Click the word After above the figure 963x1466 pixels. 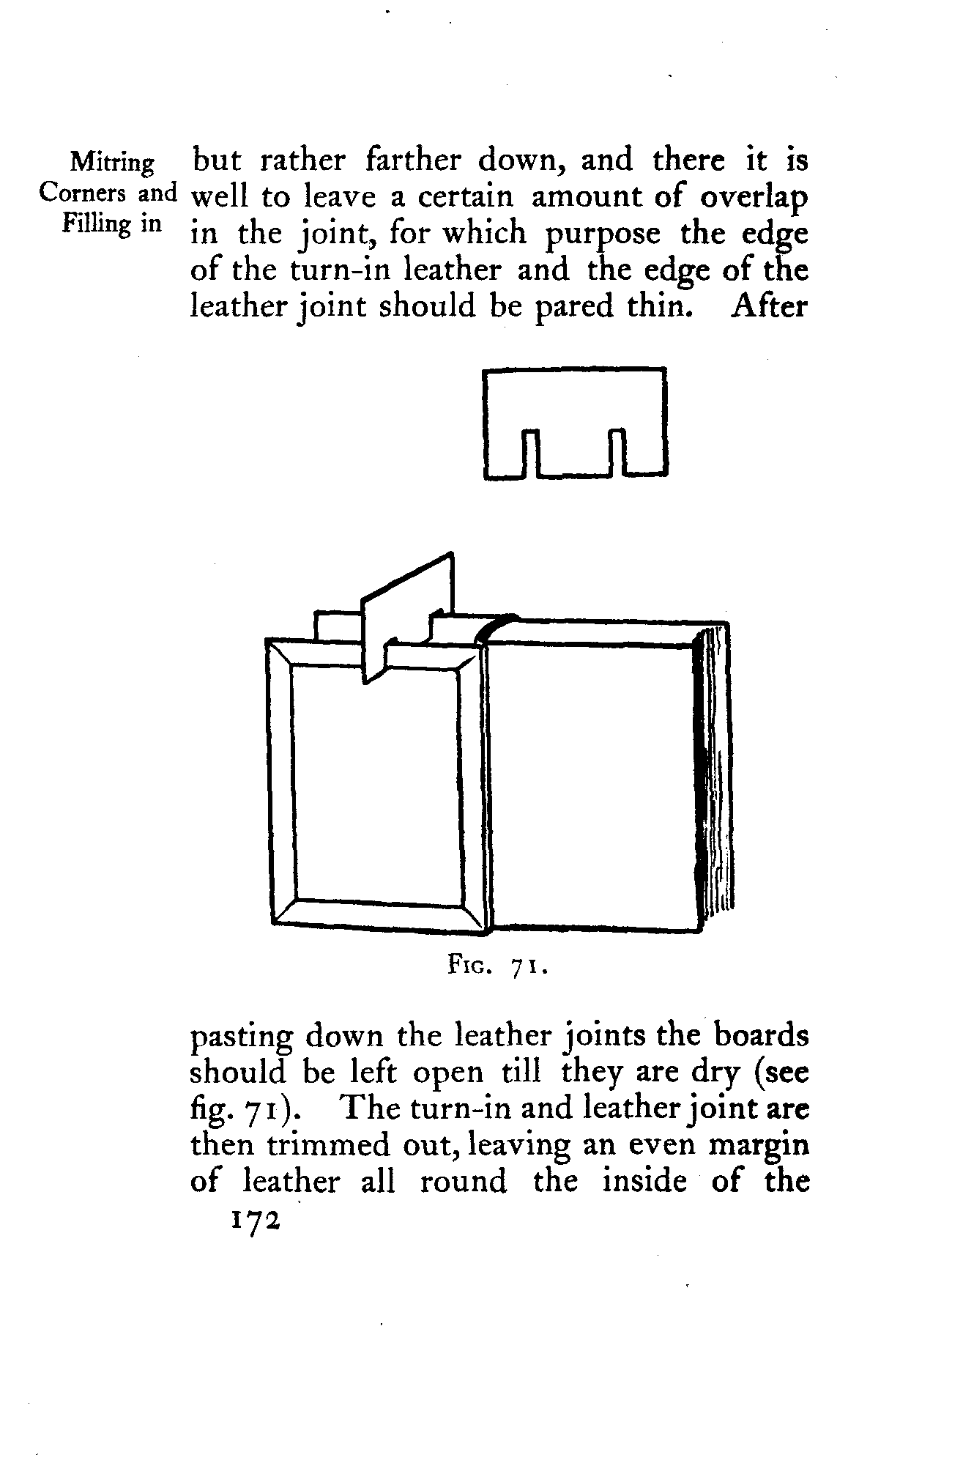[768, 306]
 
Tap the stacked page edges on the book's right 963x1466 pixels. [715, 777]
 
